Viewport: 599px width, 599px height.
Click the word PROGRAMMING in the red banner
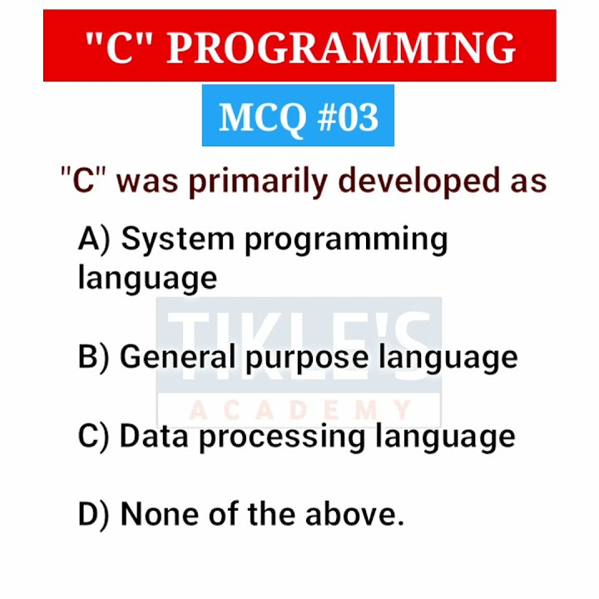pos(341,47)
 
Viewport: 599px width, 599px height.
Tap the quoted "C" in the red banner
pos(118,47)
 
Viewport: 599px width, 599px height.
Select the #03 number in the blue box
pos(348,118)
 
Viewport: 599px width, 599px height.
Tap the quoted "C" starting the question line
pos(85,181)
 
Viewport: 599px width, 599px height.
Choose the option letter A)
pos(94,240)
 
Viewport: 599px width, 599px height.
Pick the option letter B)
pos(94,358)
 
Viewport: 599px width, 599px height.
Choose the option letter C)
pos(94,437)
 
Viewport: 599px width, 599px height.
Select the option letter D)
pos(94,515)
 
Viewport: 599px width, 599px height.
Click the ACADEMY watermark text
pos(299,410)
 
